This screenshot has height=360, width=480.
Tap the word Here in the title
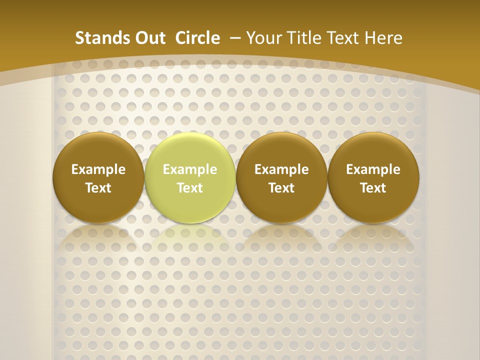382,38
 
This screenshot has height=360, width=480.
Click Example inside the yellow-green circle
190,169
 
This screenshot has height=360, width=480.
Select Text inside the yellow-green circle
190,188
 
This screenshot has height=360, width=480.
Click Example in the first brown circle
98,169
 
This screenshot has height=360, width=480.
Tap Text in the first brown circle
98,188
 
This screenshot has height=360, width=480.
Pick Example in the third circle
281,169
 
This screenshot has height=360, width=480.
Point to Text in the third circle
281,188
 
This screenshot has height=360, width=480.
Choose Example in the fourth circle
373,169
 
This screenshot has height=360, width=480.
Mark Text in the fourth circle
373,188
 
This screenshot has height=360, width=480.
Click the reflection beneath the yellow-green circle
190,240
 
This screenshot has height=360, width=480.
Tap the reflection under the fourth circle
373,240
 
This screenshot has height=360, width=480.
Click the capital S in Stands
79,38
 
